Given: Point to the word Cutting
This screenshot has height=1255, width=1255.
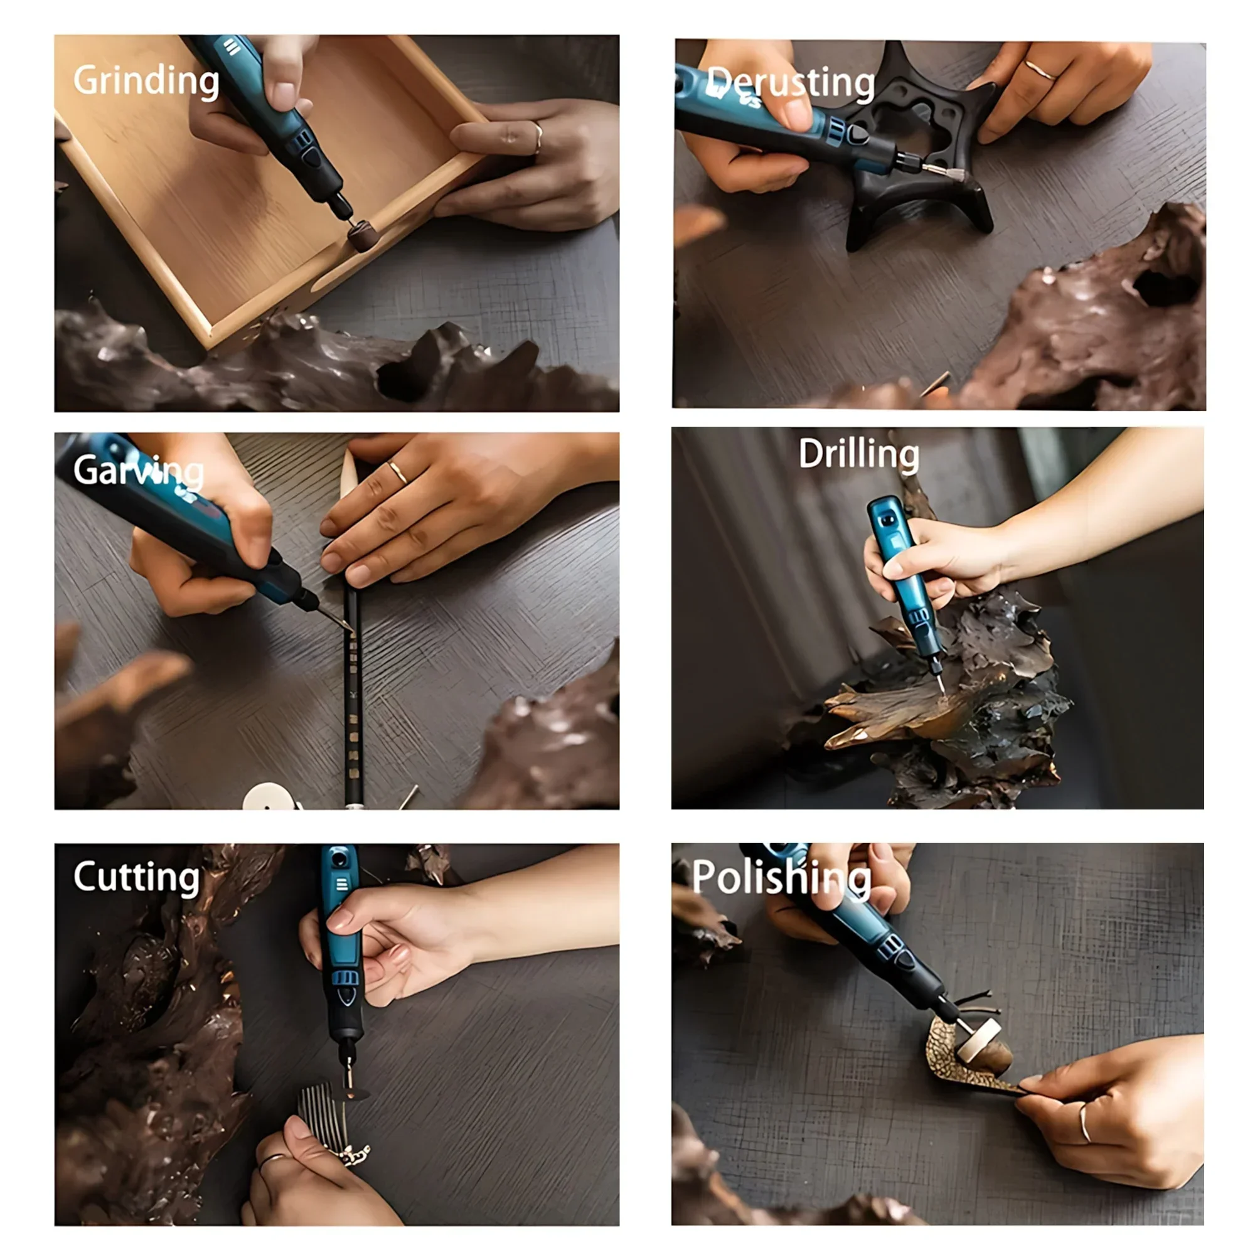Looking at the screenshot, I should coord(136,877).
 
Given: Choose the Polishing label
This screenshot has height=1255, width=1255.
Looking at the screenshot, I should coord(781,878).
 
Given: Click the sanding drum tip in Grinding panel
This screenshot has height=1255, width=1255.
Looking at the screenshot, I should coord(362,235).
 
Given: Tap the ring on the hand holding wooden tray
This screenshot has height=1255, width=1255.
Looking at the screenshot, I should coord(538,137).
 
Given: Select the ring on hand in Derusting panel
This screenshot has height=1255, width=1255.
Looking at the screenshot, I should coord(1039,70).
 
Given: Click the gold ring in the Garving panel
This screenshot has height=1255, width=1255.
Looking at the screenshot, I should coord(398,473).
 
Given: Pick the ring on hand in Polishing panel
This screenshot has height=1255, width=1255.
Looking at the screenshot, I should coord(1084,1124).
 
